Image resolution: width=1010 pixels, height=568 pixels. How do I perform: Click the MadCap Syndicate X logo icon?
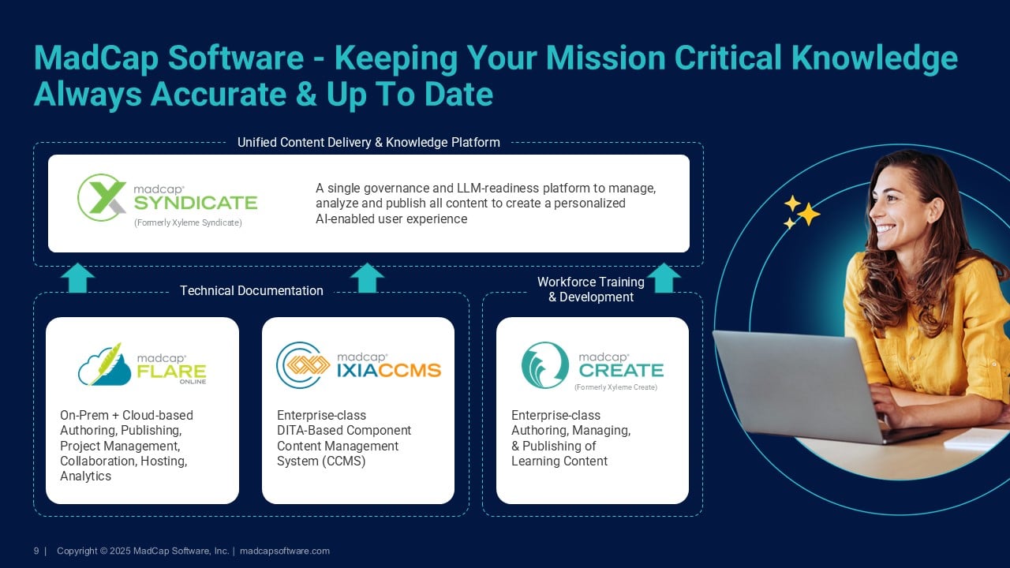102,197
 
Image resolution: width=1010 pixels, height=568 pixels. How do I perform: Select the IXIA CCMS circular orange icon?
303,365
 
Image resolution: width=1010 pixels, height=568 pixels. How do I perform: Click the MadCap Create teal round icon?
545,365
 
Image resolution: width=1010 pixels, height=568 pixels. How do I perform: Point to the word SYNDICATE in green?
196,203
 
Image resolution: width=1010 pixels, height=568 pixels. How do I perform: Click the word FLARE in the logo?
171,372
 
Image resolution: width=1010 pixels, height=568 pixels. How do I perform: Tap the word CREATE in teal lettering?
621,371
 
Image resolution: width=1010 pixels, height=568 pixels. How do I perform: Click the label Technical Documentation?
252,291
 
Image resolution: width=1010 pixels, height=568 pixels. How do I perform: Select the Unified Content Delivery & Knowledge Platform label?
368,143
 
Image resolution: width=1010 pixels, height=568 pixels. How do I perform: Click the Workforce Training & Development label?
591,290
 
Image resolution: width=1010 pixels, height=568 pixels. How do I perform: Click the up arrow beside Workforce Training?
664,278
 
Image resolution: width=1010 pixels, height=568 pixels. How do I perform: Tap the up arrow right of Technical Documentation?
368,278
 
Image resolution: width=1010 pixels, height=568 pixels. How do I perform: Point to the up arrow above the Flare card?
78,278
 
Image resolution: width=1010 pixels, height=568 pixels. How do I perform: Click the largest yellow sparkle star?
809,214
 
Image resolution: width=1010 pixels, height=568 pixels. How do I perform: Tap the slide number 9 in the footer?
36,551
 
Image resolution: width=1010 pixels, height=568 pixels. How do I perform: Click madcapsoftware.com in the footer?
285,551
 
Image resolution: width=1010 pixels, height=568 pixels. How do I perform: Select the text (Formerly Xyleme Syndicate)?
188,222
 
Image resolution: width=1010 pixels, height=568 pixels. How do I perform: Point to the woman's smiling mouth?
885,229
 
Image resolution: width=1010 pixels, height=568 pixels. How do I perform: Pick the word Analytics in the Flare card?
86,476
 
